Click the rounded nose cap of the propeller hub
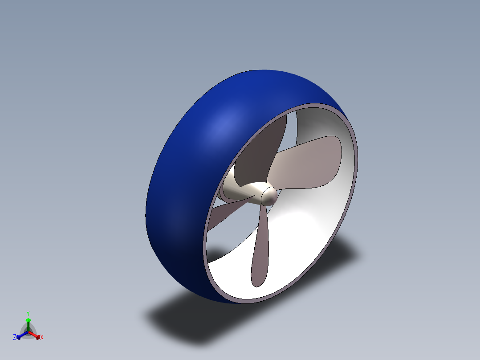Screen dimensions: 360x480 pyautogui.click(x=269, y=196)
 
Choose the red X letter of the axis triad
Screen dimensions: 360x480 pyautogui.click(x=42, y=338)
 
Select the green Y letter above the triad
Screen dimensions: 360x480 pyautogui.click(x=28, y=313)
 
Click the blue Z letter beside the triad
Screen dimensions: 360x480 pyautogui.click(x=15, y=337)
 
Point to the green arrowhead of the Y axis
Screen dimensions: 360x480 pyautogui.click(x=28, y=320)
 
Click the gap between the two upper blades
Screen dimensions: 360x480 pyautogui.click(x=292, y=127)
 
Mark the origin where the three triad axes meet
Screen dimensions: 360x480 pyautogui.click(x=28, y=332)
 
